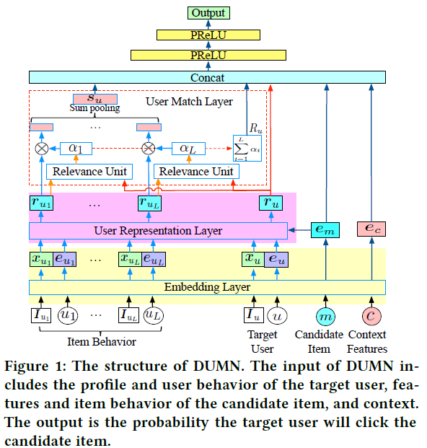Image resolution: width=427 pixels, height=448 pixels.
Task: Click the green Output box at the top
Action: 208,13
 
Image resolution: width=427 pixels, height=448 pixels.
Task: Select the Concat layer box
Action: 208,77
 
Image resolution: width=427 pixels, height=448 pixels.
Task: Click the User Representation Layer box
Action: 158,231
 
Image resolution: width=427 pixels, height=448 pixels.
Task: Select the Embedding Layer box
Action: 207,287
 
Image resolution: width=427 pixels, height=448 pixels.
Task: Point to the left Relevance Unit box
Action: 91,172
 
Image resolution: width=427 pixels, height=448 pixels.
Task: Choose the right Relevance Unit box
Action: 195,172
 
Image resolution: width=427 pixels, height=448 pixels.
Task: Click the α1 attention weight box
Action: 76,148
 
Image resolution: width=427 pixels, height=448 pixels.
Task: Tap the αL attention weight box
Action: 186,148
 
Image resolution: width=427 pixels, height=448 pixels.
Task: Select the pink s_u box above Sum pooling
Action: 94,99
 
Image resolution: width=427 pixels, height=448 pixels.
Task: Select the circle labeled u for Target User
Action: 277,315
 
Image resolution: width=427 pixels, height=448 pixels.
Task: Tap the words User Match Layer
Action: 189,101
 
